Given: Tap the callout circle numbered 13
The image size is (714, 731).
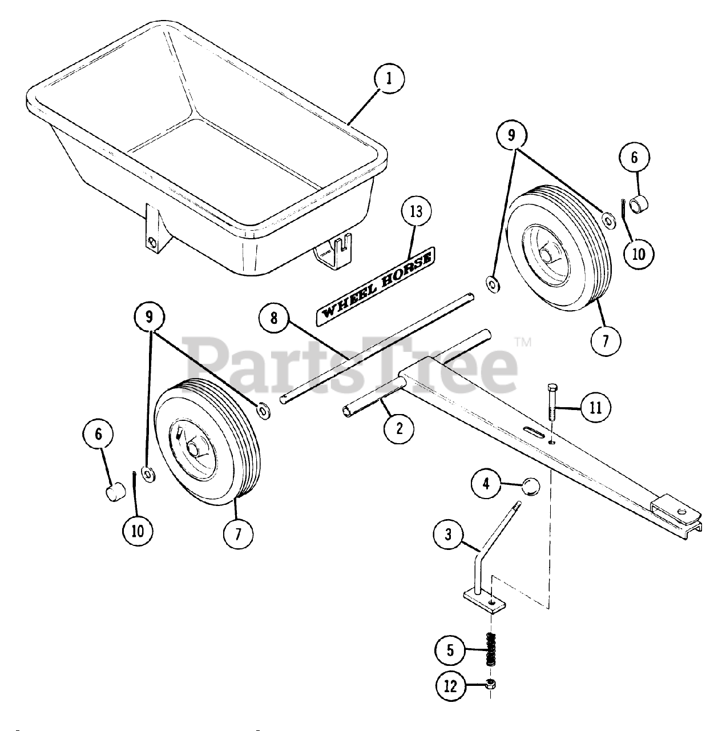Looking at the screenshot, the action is tap(416, 212).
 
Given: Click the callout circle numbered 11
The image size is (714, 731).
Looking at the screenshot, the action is tap(595, 408).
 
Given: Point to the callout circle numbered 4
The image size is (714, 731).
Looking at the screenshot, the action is tap(486, 484).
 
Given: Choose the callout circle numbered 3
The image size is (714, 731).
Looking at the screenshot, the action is tap(449, 535).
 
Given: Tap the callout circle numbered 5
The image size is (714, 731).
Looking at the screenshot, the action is tap(450, 650).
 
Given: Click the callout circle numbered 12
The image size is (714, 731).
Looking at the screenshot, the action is tap(450, 686).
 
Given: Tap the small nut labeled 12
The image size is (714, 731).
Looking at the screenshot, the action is tap(490, 685).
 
